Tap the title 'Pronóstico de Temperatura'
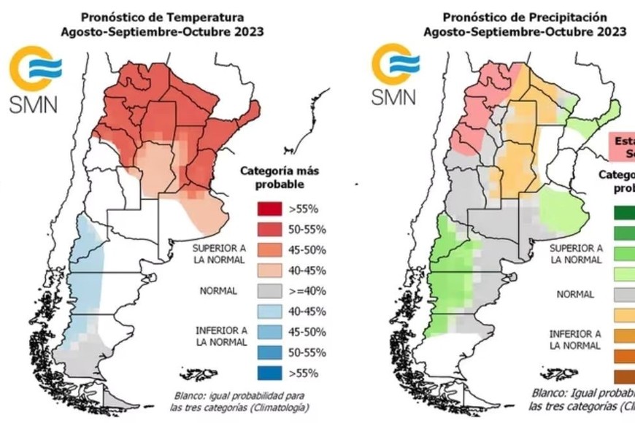(162, 16)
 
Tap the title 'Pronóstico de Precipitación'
(525, 16)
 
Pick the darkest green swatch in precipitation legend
(623, 212)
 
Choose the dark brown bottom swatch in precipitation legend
(623, 376)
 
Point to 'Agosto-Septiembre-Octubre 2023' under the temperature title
(162, 32)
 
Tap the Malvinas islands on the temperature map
(199, 375)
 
